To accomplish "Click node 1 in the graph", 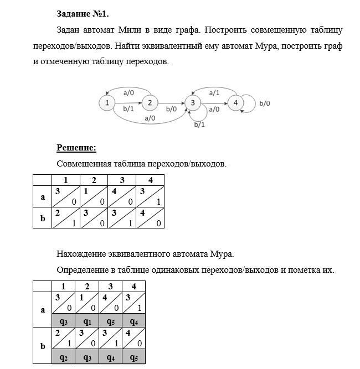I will (106, 102).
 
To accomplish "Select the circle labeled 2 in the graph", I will (149, 102).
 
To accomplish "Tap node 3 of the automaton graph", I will (192, 102).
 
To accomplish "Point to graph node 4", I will (235, 102).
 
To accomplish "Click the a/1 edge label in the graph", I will (214, 93).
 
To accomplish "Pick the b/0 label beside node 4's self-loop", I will (265, 103).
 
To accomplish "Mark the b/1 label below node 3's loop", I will (199, 125).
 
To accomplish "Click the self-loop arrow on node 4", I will (253, 103).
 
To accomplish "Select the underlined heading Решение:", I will (76, 148).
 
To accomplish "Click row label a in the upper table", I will (43, 196).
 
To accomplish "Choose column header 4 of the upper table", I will (150, 180).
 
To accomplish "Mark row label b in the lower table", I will (43, 346).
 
